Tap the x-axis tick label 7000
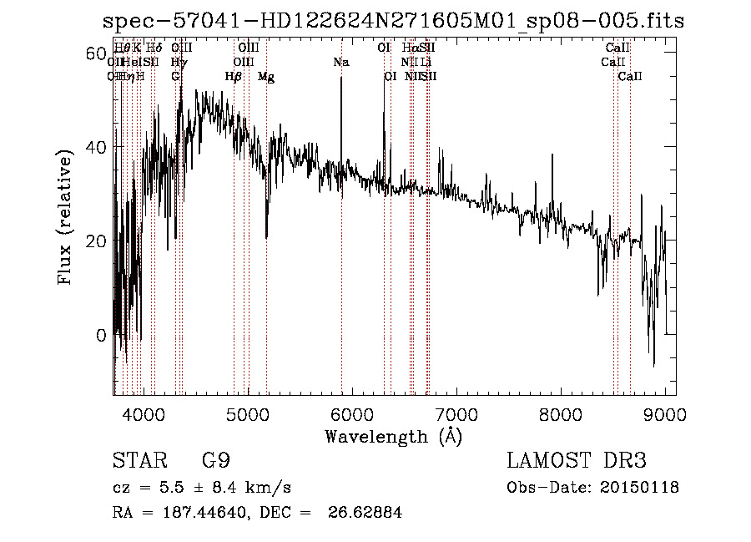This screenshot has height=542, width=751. point(456,413)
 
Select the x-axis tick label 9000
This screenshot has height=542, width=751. point(665,413)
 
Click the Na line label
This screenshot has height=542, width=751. point(340,62)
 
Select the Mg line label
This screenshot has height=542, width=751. point(266,77)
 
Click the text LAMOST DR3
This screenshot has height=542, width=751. point(577,461)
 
